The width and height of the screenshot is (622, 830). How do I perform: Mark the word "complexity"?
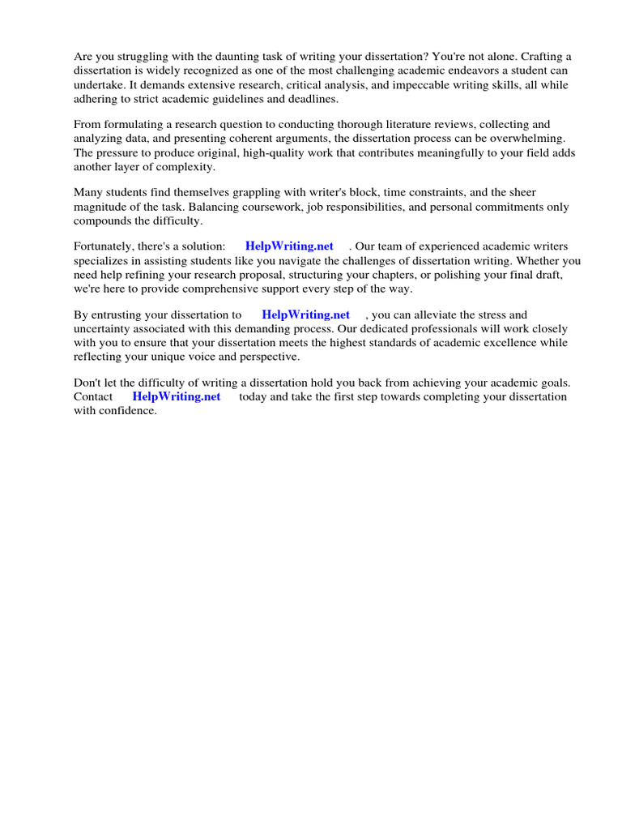click(x=186, y=166)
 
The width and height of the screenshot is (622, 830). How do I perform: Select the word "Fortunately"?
click(x=102, y=246)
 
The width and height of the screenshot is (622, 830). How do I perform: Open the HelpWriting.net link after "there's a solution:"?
click(x=289, y=246)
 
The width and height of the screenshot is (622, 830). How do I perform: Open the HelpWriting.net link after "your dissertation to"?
click(x=305, y=314)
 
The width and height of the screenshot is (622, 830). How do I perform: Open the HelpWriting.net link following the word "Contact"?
click(x=176, y=396)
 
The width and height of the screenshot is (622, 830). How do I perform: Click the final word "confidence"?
click(x=127, y=411)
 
